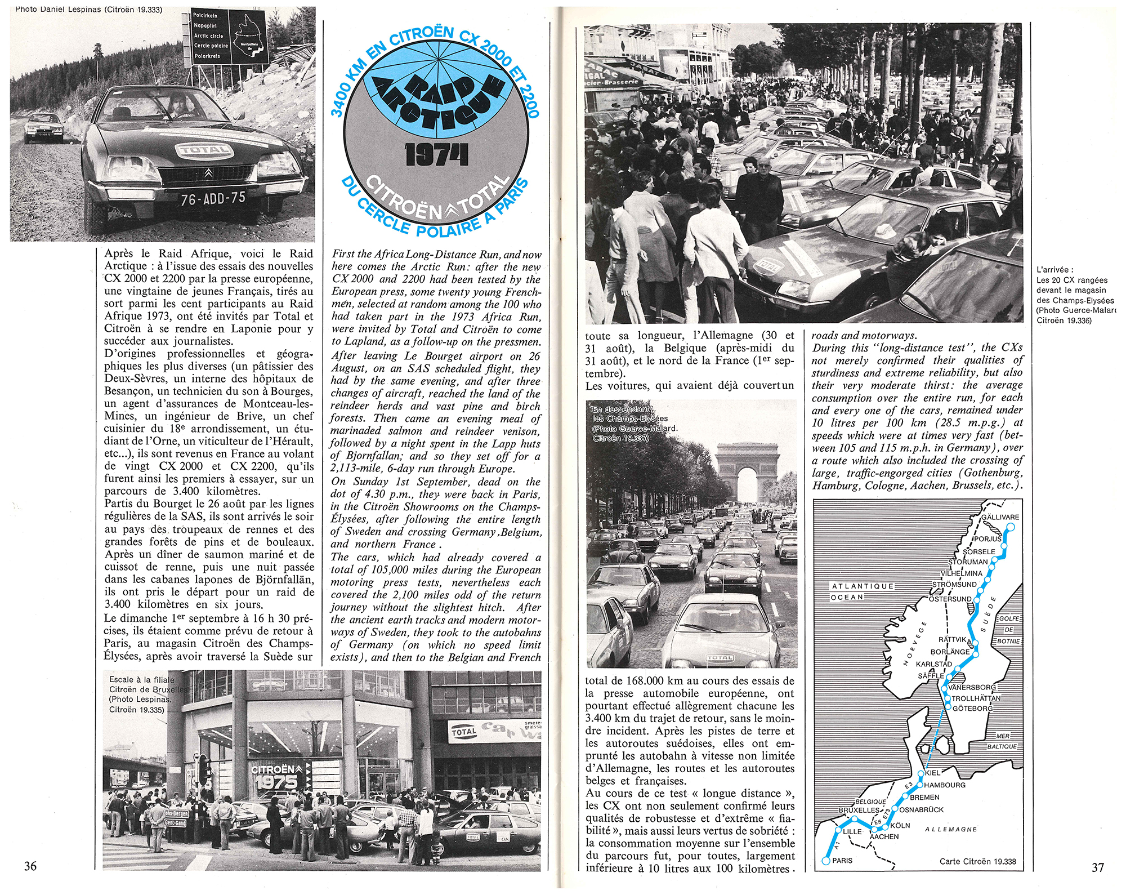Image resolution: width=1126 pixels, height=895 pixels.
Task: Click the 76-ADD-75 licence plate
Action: [213, 199]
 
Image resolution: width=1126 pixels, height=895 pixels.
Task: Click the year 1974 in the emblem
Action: [436, 155]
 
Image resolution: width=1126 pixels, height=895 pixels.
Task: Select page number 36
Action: [30, 866]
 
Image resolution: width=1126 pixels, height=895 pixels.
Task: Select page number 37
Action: [1098, 867]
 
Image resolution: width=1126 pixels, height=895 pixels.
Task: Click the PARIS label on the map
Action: [842, 861]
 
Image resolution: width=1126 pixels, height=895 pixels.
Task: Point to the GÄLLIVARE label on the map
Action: [1000, 517]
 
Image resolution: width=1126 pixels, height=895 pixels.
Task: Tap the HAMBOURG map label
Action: [945, 785]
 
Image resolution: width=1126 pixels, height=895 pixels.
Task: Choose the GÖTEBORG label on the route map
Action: [972, 709]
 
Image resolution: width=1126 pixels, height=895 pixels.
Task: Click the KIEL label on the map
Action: [933, 773]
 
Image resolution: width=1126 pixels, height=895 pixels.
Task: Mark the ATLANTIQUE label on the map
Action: [863, 586]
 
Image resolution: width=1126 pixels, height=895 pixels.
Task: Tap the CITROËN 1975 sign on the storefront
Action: [276, 776]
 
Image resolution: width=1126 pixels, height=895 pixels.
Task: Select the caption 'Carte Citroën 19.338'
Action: [978, 862]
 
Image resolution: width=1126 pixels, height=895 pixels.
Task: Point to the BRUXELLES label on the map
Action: [859, 810]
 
